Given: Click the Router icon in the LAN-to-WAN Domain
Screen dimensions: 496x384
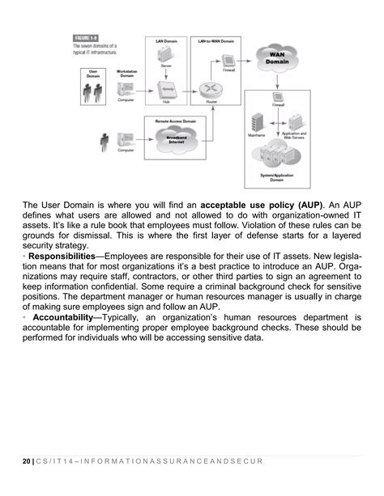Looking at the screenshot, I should (211, 91).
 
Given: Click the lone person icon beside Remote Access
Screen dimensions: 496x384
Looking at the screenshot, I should (104, 144).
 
